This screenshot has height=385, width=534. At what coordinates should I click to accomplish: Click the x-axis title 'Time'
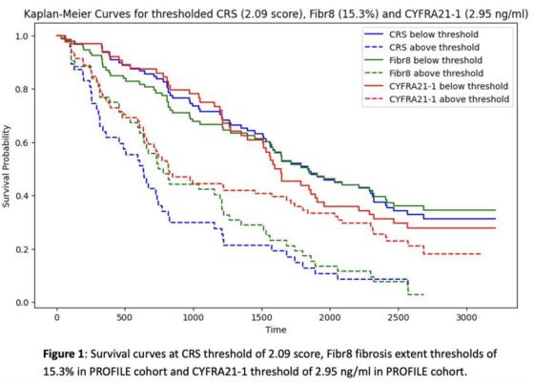[x=276, y=330]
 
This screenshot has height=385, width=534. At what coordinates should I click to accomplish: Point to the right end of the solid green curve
[x=495, y=210]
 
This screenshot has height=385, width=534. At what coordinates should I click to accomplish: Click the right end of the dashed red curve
[x=481, y=254]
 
